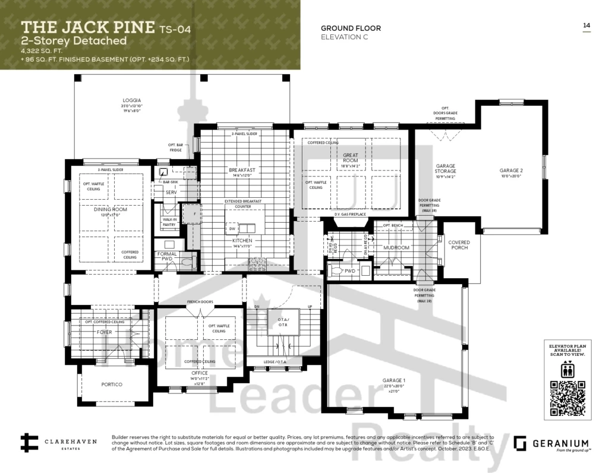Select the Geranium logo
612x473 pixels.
(551, 444)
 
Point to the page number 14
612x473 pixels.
(586, 25)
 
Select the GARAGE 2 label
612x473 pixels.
(510, 171)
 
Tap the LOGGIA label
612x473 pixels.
(132, 100)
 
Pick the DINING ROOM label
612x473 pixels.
(111, 209)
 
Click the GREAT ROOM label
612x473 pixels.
(351, 157)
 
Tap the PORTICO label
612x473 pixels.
(112, 384)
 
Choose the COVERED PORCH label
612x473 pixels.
(459, 245)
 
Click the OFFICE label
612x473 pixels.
(200, 373)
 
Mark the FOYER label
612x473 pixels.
(104, 332)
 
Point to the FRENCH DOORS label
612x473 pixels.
(200, 302)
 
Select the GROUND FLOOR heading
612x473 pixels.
(351, 28)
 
